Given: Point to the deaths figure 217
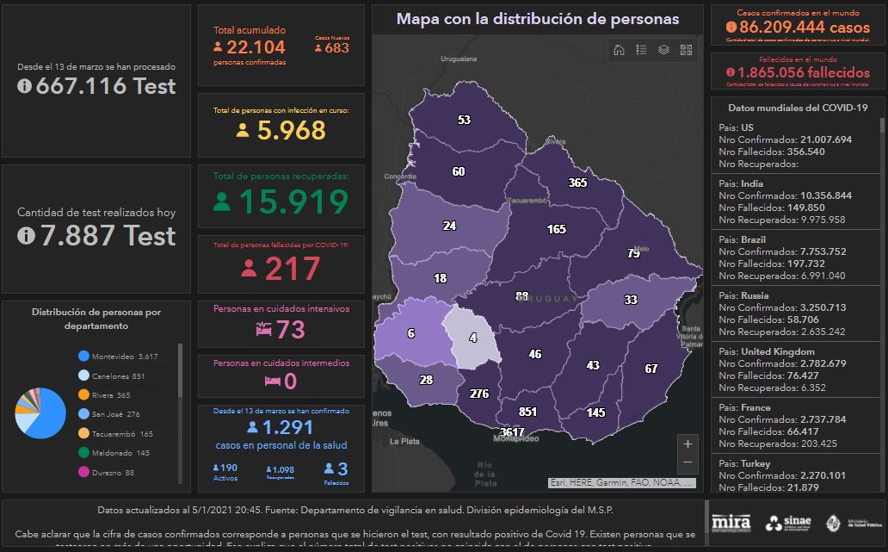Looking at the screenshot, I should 281,269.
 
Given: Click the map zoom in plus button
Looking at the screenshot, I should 687,444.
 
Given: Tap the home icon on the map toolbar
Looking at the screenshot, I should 619,50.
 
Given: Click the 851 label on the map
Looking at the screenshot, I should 527,412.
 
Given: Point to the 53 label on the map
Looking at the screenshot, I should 465,120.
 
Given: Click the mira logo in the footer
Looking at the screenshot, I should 731,522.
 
